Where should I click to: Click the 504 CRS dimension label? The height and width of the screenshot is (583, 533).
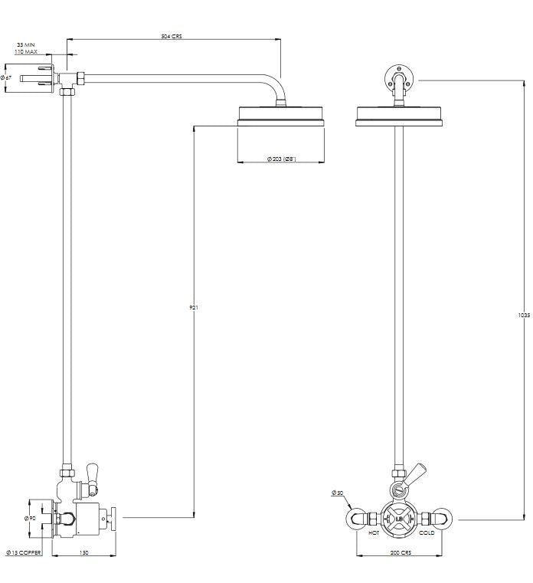[172, 35]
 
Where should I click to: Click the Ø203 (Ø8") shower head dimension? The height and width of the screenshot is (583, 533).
[281, 159]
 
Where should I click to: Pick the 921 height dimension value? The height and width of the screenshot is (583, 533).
[194, 308]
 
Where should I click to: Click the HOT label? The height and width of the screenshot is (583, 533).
[374, 532]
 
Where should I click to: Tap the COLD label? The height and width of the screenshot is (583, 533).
[426, 532]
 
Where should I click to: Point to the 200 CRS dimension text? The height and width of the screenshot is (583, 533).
[400, 552]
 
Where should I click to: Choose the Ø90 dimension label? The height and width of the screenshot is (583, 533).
[31, 519]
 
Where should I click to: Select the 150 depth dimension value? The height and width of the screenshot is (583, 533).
[83, 552]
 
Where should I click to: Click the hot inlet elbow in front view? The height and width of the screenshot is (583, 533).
[358, 519]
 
